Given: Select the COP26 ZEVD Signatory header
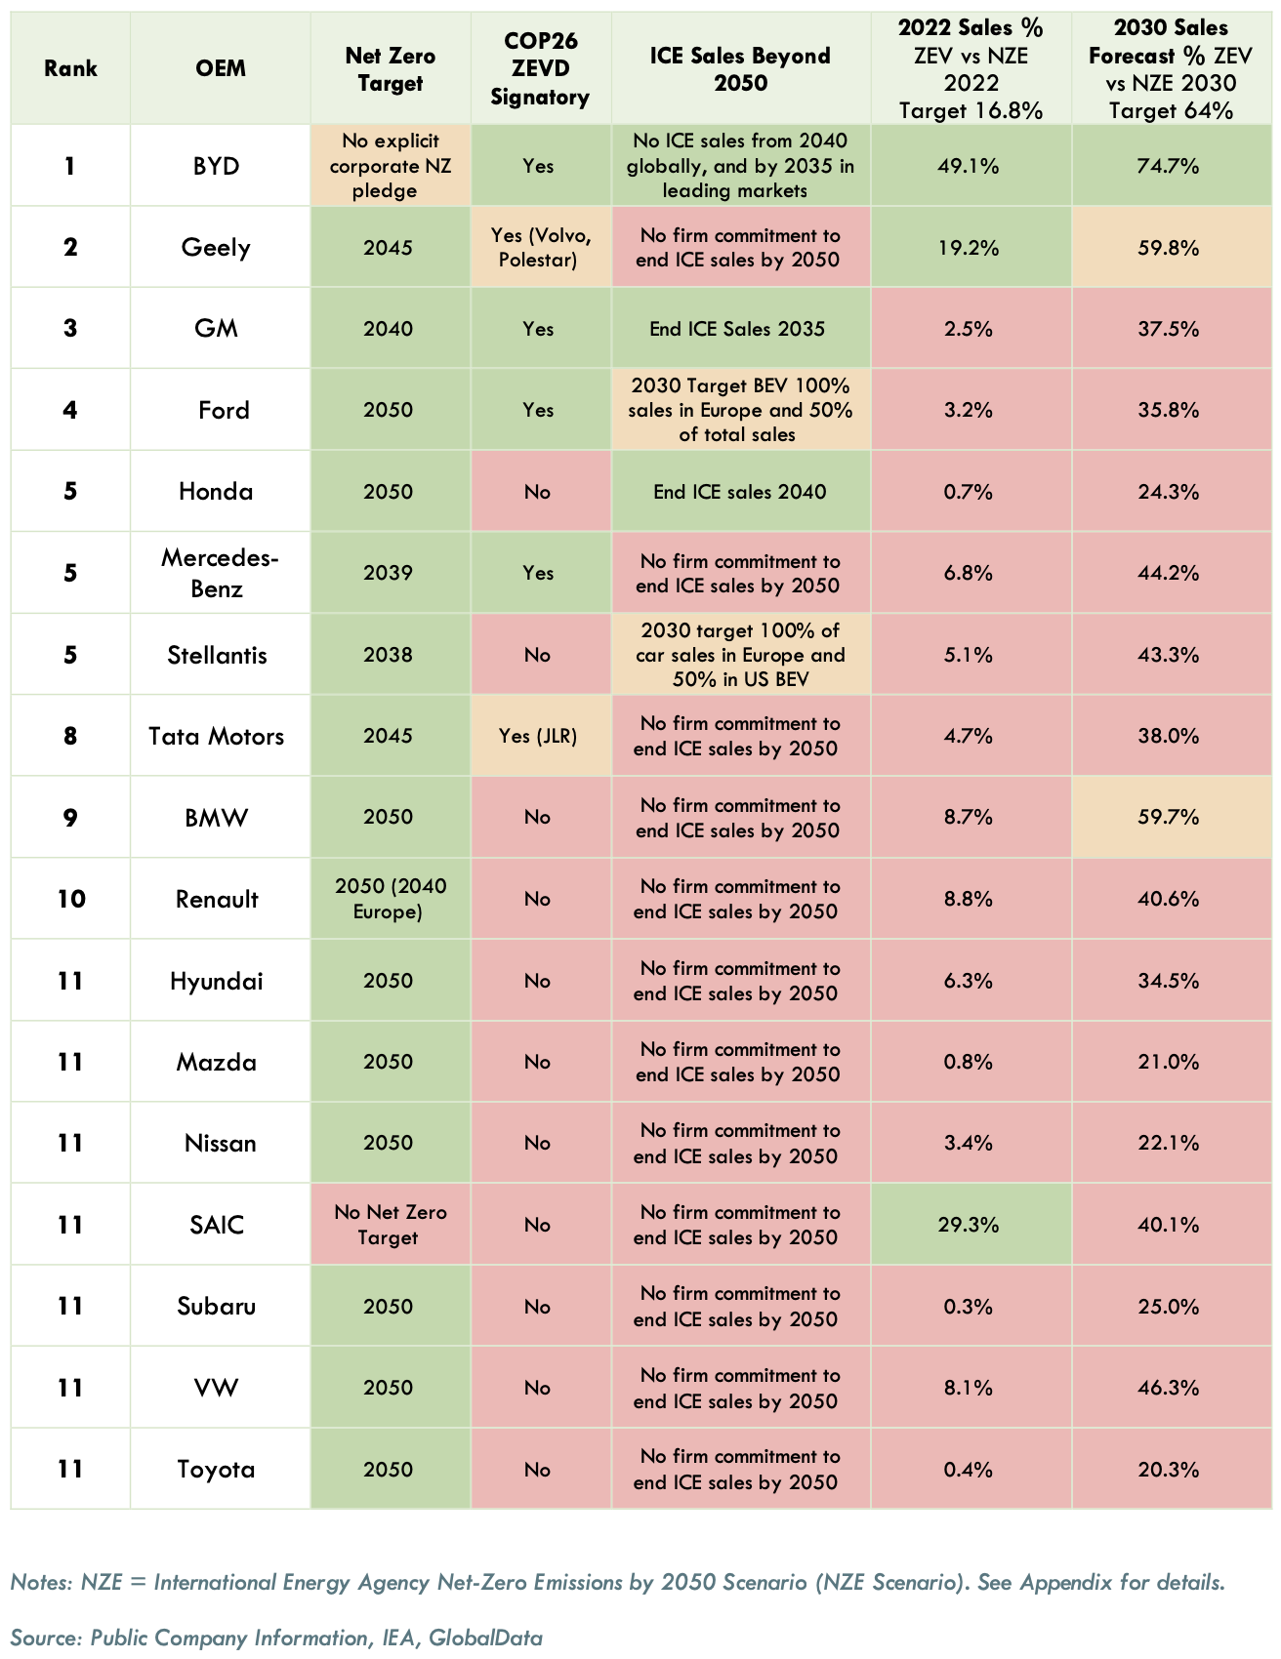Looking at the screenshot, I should pyautogui.click(x=540, y=68).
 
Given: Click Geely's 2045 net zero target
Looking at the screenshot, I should pyautogui.click(x=388, y=248).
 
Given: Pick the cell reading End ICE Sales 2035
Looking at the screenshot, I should pyautogui.click(x=737, y=329).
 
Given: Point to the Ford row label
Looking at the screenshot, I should pyautogui.click(x=224, y=410).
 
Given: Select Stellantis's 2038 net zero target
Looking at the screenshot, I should pyautogui.click(x=388, y=655).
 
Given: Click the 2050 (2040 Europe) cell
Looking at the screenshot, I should pyautogui.click(x=390, y=899).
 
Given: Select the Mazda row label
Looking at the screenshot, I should pyautogui.click(x=217, y=1062).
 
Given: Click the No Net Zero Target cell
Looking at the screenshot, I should pyautogui.click(x=390, y=1225).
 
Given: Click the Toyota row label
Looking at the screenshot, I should pyautogui.click(x=217, y=1470).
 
